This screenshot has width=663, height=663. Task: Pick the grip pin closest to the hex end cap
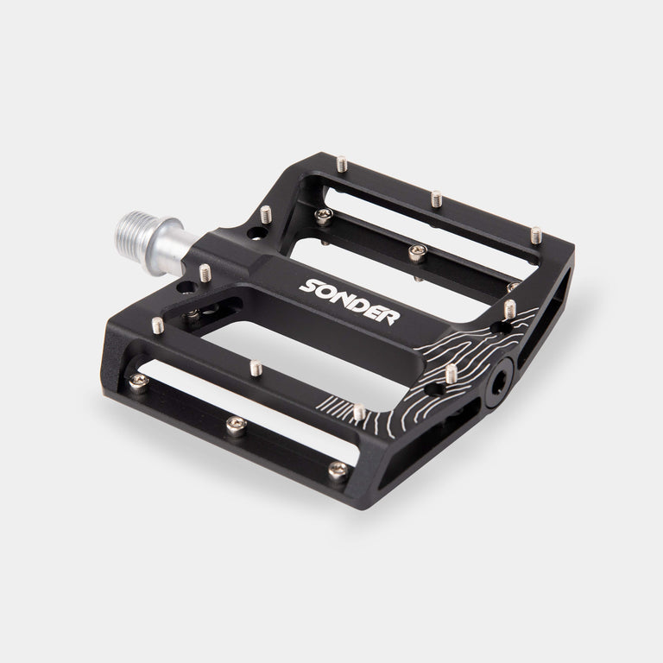click(x=451, y=373)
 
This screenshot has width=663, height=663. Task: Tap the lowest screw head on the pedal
click(x=338, y=470)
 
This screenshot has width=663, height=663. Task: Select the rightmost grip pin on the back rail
click(x=536, y=234)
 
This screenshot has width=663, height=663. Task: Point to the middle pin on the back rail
click(x=436, y=198)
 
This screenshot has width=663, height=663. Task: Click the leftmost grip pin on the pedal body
click(x=158, y=325)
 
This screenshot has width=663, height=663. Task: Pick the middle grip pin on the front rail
click(x=256, y=368)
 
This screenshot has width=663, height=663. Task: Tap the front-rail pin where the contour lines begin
click(x=358, y=412)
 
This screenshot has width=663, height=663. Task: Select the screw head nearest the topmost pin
click(x=323, y=215)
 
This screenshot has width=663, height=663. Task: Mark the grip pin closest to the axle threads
click(x=205, y=273)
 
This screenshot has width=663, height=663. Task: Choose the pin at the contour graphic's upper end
click(x=509, y=307)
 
